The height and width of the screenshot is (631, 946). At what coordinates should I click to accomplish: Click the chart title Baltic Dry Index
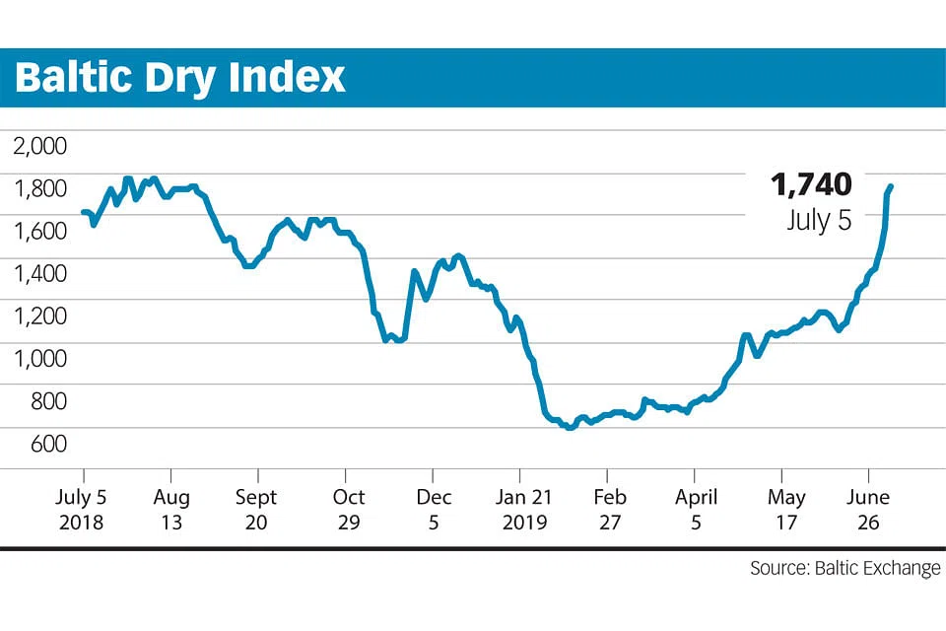(180, 77)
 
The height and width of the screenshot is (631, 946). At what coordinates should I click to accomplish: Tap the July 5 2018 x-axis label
(84, 509)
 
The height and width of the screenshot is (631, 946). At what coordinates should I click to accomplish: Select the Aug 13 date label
(171, 509)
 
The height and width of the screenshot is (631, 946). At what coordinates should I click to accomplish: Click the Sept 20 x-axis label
(257, 509)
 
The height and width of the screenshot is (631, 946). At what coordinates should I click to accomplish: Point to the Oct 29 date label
(348, 509)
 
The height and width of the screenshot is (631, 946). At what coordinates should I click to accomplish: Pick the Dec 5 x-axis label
(434, 509)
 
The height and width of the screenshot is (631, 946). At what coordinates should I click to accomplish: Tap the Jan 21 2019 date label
(522, 509)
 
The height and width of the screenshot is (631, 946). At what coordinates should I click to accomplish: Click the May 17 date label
(785, 509)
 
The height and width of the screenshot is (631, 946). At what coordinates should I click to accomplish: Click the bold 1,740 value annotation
(810, 184)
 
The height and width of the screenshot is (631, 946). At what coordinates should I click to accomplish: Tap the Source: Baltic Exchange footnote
(845, 568)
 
